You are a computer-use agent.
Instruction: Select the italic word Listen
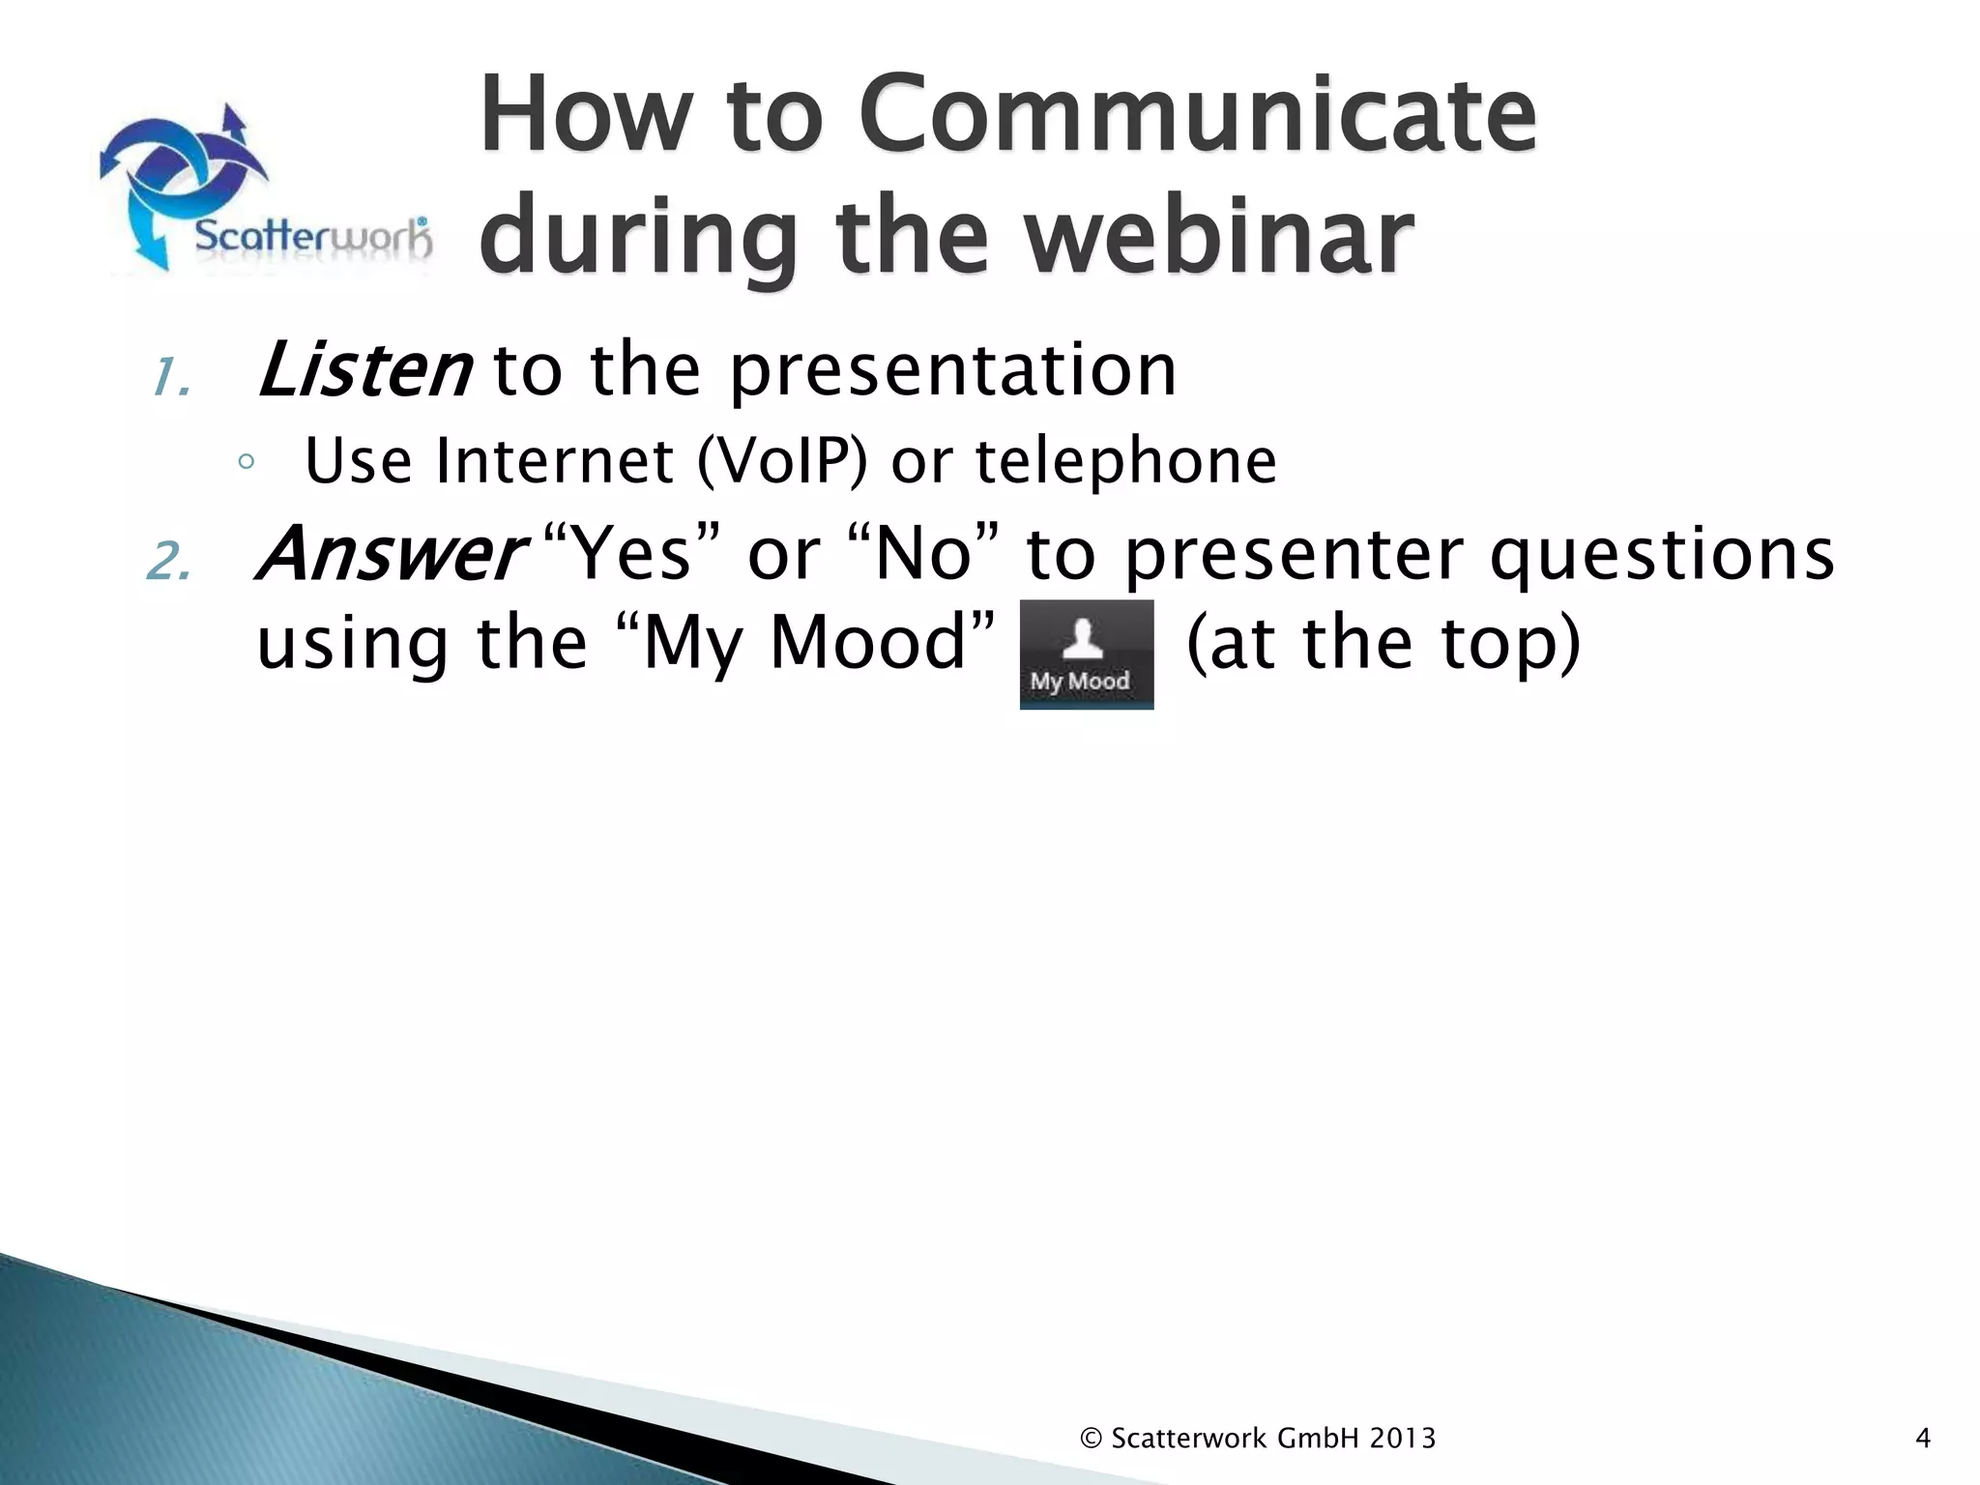pos(364,370)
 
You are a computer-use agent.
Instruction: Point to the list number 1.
pos(170,378)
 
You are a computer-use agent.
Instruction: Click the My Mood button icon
pos(1086,654)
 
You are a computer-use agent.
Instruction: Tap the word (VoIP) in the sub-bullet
pos(781,461)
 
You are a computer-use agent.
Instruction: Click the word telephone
pos(1125,461)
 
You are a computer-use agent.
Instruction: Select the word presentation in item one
pos(952,370)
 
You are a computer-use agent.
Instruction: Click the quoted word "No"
pos(923,554)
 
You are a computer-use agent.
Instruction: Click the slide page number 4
pos(1922,1439)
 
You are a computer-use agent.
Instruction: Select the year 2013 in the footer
pos(1402,1439)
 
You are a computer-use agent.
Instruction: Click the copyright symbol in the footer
pos(1091,1439)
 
